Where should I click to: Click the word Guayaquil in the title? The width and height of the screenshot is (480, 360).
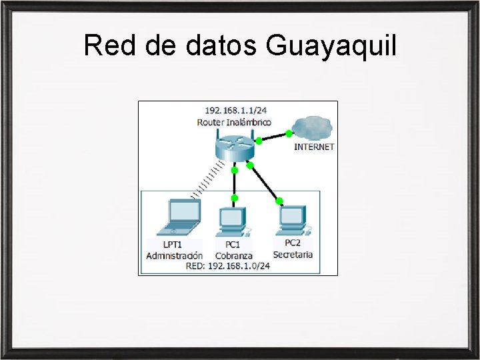(331, 47)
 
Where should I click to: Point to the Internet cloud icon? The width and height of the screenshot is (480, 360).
(312, 126)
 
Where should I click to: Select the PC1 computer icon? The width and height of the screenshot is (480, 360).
(233, 221)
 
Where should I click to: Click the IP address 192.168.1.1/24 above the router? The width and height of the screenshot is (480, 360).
(234, 110)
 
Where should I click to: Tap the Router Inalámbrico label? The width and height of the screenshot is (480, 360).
(234, 122)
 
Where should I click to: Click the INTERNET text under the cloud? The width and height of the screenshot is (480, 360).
(314, 146)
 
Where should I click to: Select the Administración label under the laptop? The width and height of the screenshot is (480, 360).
(175, 255)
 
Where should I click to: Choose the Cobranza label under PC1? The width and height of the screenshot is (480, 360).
(234, 255)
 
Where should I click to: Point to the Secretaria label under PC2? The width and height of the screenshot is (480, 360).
(293, 254)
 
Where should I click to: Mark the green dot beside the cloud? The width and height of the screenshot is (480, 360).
(289, 133)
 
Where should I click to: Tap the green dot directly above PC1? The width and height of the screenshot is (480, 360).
(234, 198)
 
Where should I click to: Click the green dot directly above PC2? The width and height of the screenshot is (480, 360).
(279, 201)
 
